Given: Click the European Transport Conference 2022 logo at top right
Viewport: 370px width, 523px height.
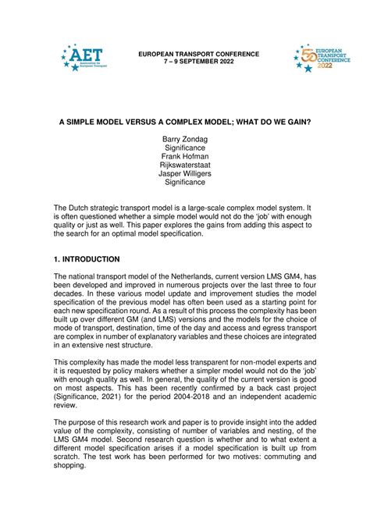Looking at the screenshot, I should click(318, 58).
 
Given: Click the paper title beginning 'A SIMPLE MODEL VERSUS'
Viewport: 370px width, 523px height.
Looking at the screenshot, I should click(185, 123).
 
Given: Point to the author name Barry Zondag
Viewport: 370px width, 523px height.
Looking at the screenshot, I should click(185, 140).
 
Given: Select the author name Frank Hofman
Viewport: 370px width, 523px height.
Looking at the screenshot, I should click(185, 157).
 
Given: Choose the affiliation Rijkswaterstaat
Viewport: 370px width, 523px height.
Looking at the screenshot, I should click(185, 165).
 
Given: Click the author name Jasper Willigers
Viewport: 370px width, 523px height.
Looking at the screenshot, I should click(185, 174).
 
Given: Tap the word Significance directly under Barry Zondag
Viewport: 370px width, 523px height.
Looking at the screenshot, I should click(185, 148).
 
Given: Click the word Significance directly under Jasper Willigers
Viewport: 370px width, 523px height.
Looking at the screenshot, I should click(185, 183).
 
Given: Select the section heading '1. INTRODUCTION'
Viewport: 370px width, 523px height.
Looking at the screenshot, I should click(87, 259).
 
